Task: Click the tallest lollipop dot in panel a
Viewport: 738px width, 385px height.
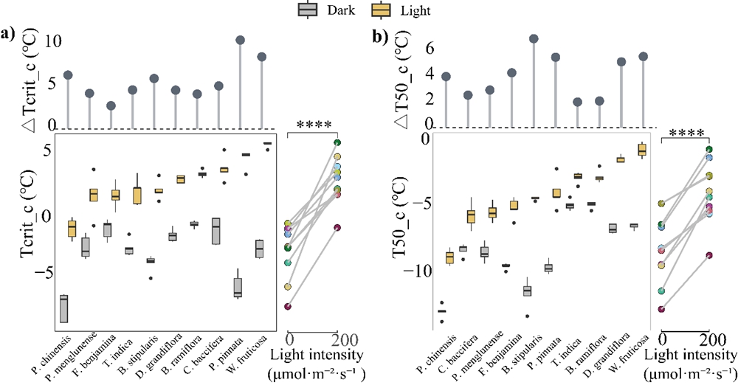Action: point(240,40)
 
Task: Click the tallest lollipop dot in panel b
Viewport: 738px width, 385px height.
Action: point(534,38)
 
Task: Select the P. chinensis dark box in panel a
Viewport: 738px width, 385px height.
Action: point(64,308)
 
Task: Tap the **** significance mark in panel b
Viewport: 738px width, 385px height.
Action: point(686,133)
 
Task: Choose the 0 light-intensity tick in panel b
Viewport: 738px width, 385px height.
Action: point(663,340)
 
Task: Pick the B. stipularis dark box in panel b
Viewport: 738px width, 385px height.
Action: point(527,291)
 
